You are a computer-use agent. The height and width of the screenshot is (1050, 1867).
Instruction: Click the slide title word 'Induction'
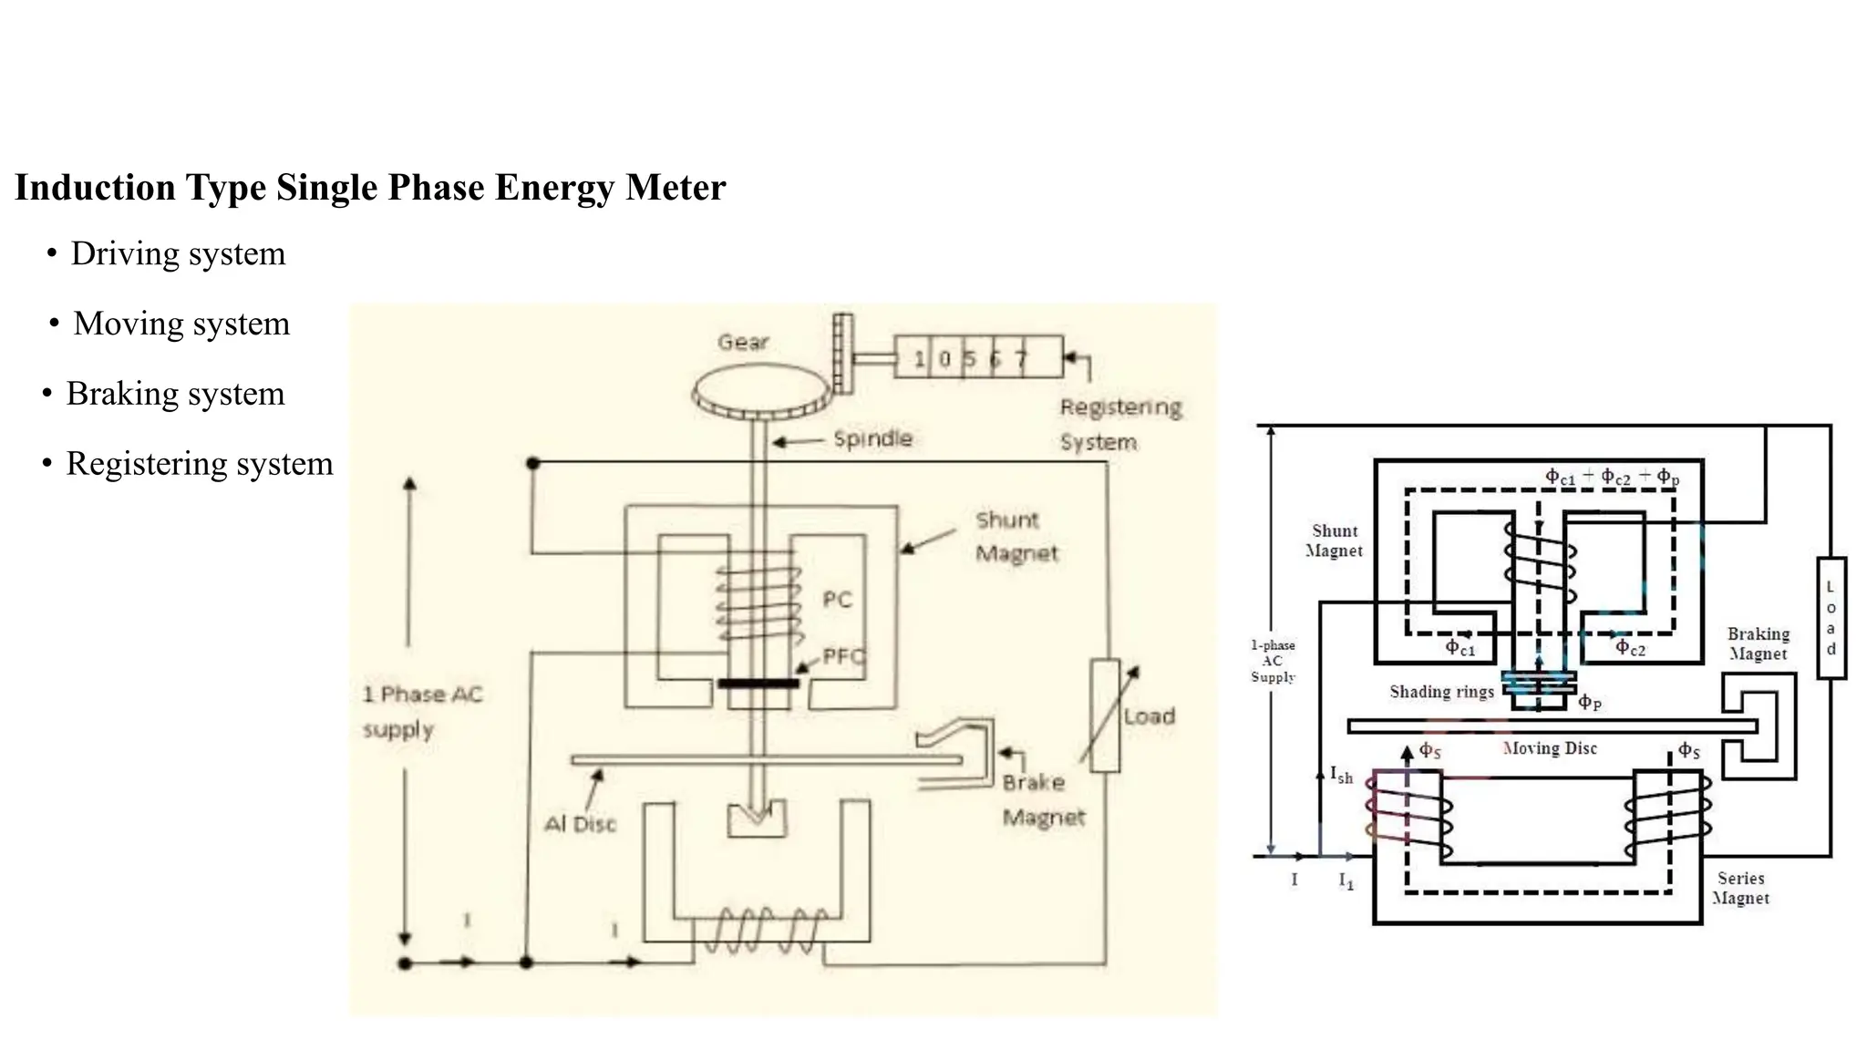[x=95, y=188]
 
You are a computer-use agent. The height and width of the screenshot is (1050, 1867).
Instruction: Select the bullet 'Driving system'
[x=178, y=253]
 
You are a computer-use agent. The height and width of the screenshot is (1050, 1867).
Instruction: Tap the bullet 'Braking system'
[x=175, y=394]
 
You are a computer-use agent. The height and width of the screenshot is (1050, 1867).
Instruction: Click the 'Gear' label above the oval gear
[x=743, y=342]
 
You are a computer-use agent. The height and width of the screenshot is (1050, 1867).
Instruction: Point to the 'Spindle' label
[x=872, y=438]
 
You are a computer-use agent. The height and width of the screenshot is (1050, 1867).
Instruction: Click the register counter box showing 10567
[x=977, y=357]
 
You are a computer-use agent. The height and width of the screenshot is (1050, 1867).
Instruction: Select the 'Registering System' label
[x=1119, y=424]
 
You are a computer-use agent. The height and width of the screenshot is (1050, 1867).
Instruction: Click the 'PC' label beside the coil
[x=837, y=600]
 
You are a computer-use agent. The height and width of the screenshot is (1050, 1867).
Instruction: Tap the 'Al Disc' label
[x=580, y=824]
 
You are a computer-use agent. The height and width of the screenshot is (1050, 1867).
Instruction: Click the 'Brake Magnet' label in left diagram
[x=1043, y=799]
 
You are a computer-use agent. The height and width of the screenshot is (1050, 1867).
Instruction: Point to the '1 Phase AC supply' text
[x=422, y=711]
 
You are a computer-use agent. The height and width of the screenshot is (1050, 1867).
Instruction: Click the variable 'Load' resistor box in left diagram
[x=1105, y=715]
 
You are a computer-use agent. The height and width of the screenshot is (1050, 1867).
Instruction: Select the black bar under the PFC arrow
[x=758, y=684]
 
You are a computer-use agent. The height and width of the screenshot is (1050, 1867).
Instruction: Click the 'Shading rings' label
[x=1441, y=692]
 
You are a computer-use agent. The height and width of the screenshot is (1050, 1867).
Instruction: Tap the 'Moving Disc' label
[x=1549, y=748]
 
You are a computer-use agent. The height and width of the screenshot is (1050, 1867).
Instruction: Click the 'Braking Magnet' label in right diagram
[x=1758, y=643]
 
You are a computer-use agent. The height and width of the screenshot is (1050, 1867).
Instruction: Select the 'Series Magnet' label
[x=1740, y=888]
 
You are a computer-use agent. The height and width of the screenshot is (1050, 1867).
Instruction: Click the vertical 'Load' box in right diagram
[x=1831, y=618]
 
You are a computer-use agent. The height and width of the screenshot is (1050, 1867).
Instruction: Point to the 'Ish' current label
[x=1341, y=776]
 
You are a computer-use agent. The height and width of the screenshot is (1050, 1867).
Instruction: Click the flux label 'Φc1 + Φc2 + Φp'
[x=1611, y=477]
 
